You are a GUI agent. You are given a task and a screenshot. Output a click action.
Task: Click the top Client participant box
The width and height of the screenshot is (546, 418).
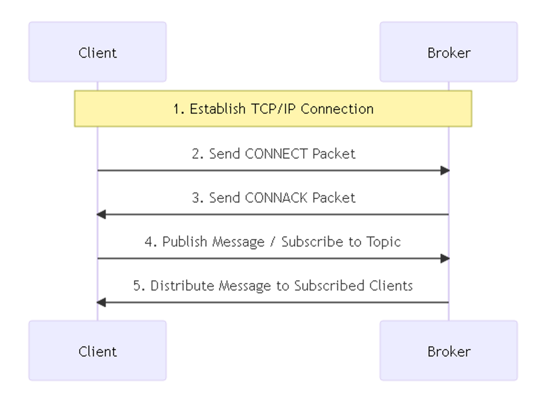[x=97, y=52]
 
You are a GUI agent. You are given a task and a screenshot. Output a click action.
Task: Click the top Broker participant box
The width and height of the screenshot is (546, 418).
[x=449, y=52]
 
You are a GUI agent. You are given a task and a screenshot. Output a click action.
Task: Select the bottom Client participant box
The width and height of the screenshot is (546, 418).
[x=97, y=350]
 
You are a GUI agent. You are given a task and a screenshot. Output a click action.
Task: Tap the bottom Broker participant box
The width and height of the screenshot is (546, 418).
[x=449, y=350]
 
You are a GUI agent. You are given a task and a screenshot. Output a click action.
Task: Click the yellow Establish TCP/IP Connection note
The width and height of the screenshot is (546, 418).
[x=273, y=109]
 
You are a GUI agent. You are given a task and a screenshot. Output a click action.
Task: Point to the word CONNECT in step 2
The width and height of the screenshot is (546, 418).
[x=276, y=154]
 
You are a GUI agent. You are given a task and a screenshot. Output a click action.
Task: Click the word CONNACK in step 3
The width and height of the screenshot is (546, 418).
[x=276, y=198]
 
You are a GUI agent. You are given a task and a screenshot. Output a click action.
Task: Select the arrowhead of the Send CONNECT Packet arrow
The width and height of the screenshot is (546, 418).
[x=445, y=171]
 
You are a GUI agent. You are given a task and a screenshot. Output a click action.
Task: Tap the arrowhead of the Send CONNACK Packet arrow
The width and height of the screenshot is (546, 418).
[x=101, y=214]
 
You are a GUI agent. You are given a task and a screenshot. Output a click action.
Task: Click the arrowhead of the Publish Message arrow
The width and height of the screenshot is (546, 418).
[x=445, y=258]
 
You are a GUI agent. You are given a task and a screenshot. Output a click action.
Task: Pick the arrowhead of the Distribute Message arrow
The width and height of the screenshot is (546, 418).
[x=101, y=302]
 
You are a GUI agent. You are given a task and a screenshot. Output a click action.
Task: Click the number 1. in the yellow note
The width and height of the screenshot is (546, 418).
[x=179, y=109]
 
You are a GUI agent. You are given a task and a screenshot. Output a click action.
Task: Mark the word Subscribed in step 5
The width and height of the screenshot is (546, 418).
[x=329, y=286]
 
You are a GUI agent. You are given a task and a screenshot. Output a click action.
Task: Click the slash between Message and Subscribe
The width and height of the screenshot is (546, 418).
[x=272, y=242]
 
